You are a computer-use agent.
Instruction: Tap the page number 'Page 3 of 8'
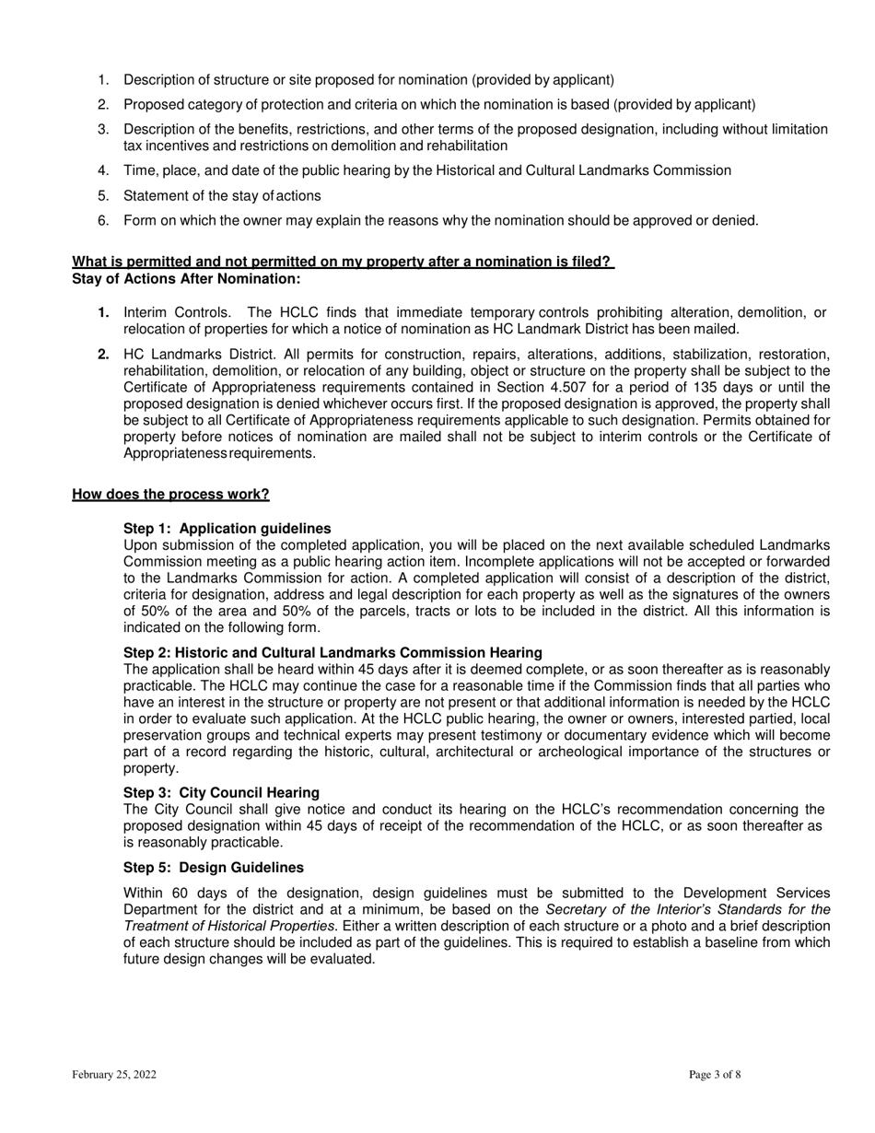click(715, 1074)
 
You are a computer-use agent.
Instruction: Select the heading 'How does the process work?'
click(170, 495)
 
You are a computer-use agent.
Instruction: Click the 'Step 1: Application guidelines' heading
click(227, 529)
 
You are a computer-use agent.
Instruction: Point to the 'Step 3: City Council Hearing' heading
click(221, 792)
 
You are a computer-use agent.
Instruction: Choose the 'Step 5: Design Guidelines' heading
click(213, 868)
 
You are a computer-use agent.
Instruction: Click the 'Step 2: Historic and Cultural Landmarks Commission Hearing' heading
click(332, 652)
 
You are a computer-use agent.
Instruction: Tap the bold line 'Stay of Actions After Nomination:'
click(186, 278)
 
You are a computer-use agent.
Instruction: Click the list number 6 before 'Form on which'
click(103, 220)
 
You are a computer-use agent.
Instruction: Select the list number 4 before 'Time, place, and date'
click(103, 170)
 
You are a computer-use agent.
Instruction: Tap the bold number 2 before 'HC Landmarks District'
click(103, 354)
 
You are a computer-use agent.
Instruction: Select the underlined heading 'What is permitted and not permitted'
click(342, 262)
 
